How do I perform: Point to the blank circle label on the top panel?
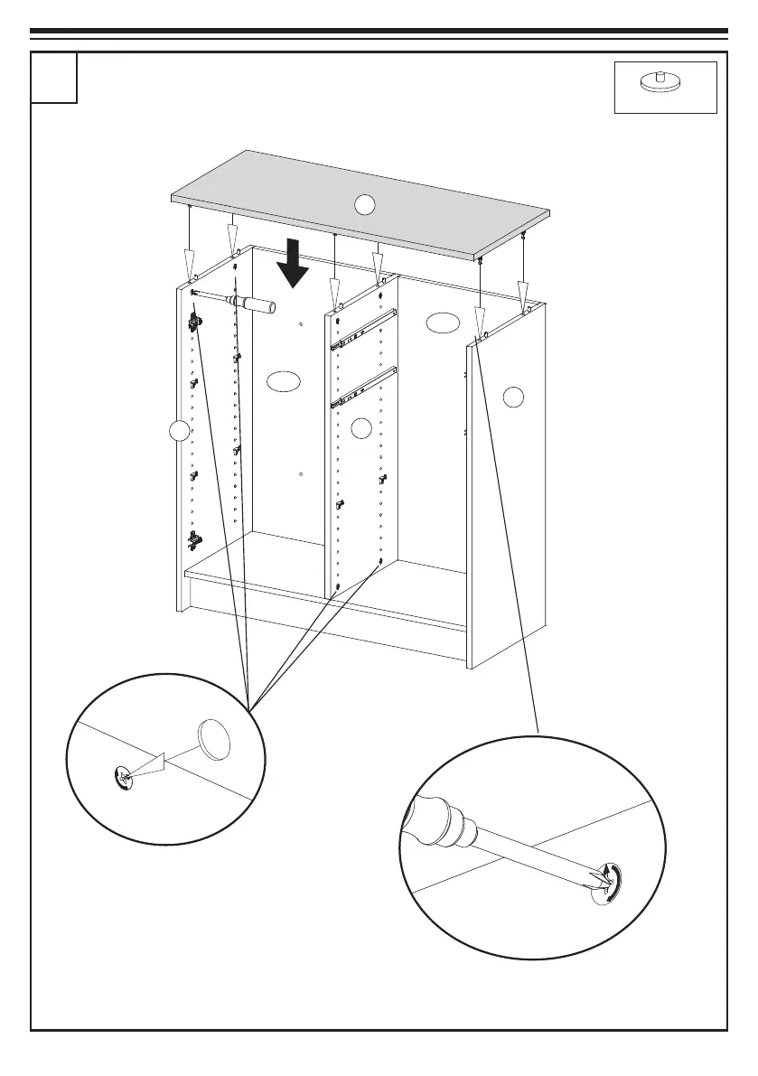point(363,205)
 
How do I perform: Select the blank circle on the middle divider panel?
point(360,428)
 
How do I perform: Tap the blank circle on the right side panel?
point(513,395)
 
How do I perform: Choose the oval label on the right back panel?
point(443,323)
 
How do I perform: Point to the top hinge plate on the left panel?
point(194,321)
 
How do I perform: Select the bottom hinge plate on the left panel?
point(194,540)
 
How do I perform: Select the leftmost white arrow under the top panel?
point(191,267)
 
